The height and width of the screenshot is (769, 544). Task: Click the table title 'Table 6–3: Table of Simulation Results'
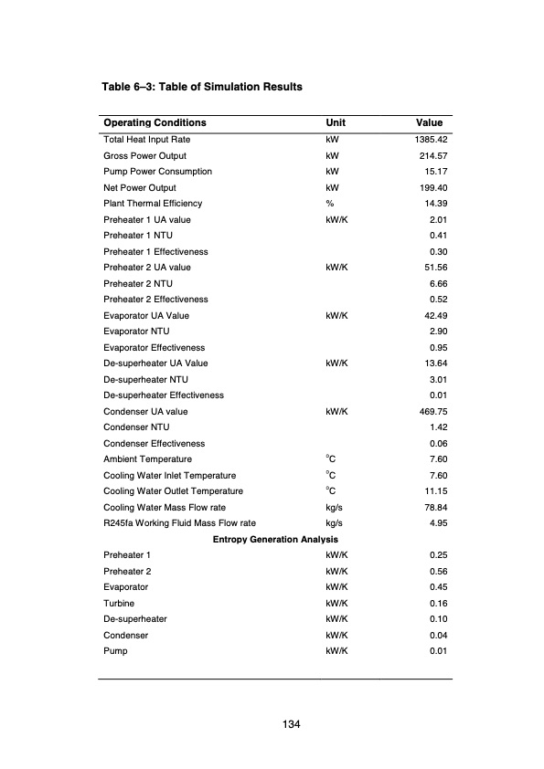[202, 87]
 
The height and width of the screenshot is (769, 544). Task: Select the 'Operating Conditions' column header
[155, 123]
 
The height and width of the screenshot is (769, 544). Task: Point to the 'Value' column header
[429, 123]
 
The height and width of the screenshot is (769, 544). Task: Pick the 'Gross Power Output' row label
[145, 156]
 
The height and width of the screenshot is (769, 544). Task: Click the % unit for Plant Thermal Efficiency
[329, 204]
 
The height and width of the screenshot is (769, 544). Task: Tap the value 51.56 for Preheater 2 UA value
[431, 268]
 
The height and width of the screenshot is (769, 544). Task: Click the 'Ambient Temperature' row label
[148, 458]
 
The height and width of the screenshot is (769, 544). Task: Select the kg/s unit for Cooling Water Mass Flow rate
[334, 507]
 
